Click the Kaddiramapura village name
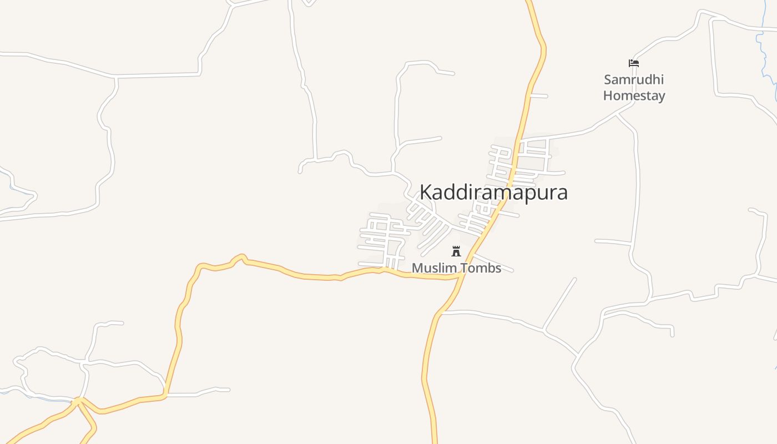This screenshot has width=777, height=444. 493,192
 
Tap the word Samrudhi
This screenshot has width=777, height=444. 634,79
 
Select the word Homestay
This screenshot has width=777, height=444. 634,95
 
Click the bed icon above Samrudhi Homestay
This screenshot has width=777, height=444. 634,63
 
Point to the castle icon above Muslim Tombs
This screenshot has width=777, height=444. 456,251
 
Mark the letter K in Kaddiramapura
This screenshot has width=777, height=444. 426,192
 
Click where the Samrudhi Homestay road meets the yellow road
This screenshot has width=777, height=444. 520,139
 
